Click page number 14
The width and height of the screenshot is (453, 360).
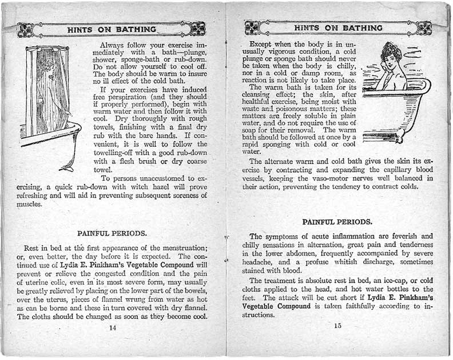point(112,327)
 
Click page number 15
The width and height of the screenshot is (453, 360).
point(338,326)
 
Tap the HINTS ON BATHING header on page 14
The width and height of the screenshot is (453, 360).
point(111,29)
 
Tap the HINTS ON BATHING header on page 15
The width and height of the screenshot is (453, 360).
point(338,27)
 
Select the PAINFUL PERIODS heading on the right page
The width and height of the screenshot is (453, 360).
point(337,222)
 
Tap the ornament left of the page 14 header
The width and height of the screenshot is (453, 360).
point(26,29)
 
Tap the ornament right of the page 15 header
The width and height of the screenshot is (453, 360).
point(423,27)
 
